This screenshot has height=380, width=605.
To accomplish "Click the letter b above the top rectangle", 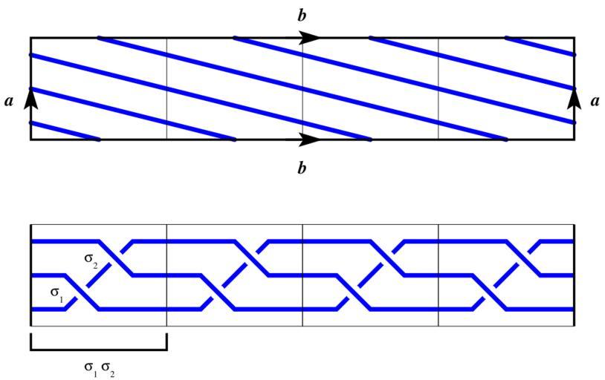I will [302, 15].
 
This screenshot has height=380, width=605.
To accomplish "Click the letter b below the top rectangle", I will [302, 168].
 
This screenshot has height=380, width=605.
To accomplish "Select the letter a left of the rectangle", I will [9, 102].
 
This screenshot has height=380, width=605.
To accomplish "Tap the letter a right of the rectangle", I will [595, 102].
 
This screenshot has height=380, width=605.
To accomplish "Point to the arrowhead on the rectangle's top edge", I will [311, 38].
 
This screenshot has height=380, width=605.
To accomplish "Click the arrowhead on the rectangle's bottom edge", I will [311, 139].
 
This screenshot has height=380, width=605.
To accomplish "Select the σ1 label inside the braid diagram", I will [57, 292].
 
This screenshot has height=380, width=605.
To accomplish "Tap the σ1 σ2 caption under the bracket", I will [98, 368].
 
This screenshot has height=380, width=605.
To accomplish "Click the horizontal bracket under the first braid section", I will [98, 349].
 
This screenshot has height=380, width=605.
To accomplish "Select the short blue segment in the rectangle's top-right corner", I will [540, 46].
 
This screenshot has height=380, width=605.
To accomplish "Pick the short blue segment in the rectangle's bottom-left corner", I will [65, 131].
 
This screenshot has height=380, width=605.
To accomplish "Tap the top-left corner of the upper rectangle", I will [30, 37].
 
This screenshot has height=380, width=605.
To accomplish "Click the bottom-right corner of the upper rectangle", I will [575, 140].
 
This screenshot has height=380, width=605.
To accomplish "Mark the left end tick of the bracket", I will [30, 341].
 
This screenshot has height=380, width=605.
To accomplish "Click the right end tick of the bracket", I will [166, 341].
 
